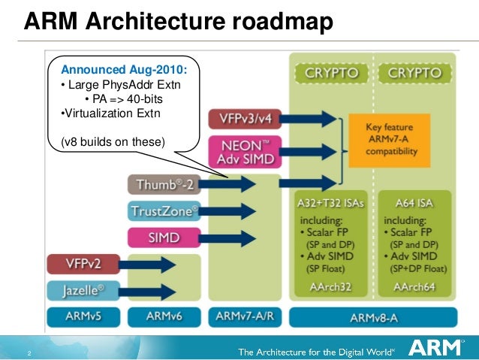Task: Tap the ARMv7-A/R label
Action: point(245,316)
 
